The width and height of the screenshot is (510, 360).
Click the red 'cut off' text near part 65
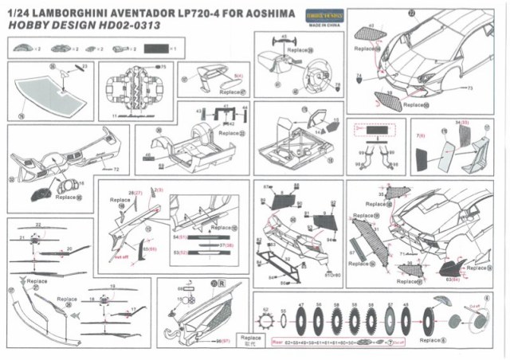click(120, 257)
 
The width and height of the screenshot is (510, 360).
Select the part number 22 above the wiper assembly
click(37, 225)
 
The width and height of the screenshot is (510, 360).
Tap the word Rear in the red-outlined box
click(278, 342)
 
